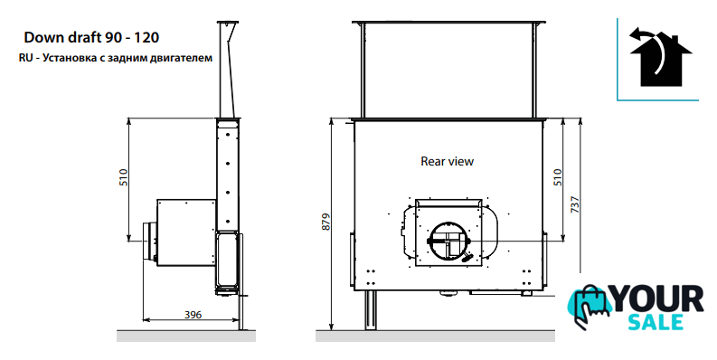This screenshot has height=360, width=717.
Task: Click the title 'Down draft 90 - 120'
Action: click(x=91, y=37)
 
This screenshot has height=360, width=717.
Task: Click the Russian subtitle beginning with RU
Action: click(x=116, y=58)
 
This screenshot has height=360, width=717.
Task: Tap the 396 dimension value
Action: click(x=193, y=315)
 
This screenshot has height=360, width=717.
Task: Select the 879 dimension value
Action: click(x=325, y=222)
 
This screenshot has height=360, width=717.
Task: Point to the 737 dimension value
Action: click(x=575, y=204)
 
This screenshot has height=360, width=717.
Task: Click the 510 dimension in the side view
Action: click(x=124, y=177)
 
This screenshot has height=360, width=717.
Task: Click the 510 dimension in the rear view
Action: click(x=557, y=177)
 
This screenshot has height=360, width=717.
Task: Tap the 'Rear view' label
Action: click(x=448, y=162)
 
